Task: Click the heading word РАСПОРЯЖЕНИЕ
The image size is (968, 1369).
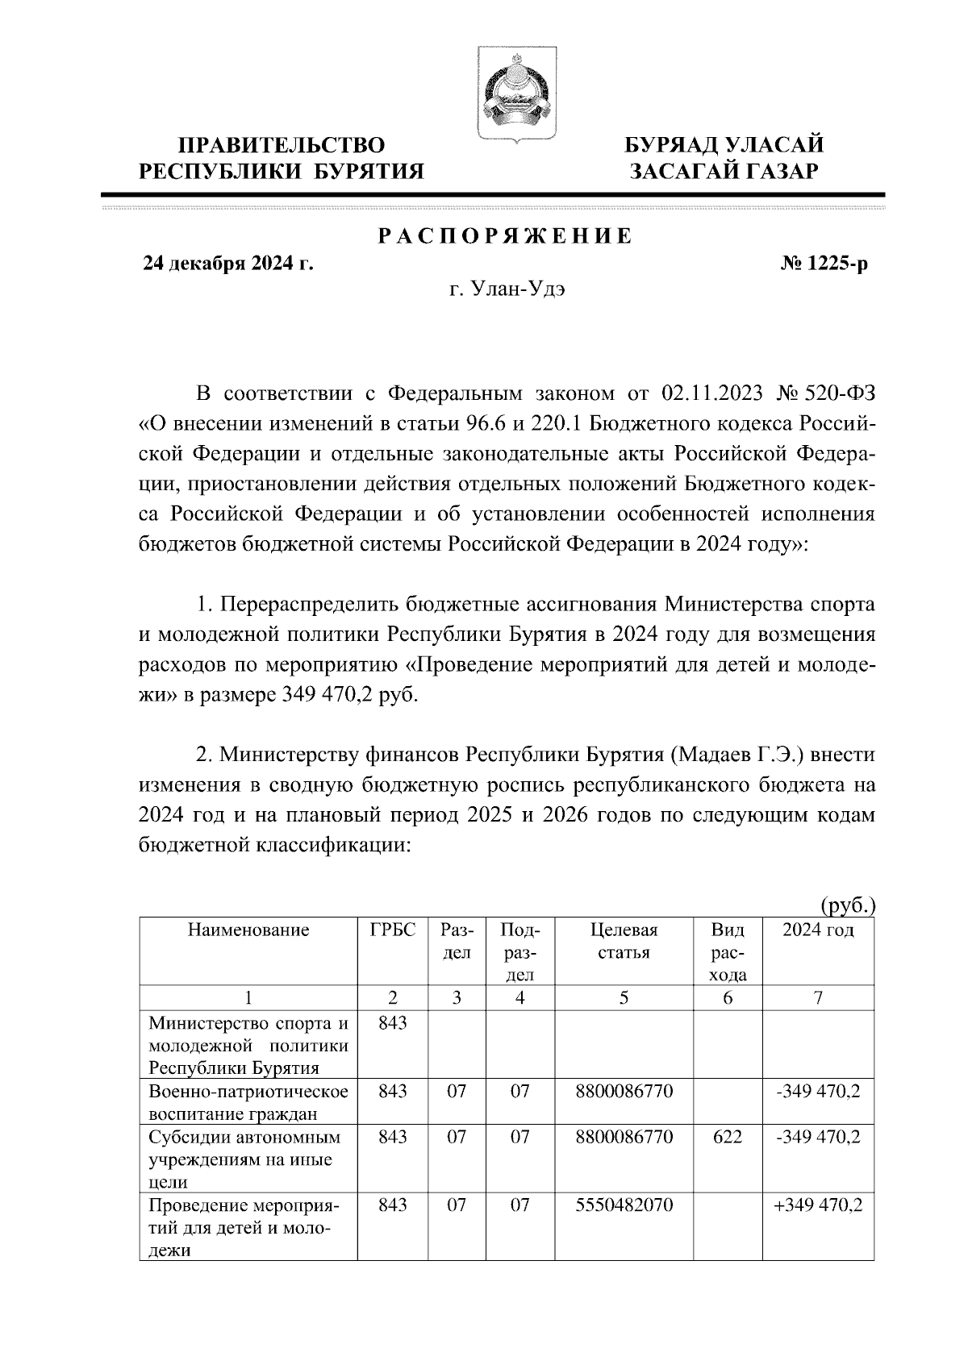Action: [x=505, y=236]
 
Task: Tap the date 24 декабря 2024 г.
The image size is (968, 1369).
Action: [x=228, y=264]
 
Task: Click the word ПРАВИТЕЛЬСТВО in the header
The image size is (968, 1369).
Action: [x=281, y=145]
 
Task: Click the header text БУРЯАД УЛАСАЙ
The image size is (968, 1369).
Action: [x=724, y=145]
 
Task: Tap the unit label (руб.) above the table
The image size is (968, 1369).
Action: [x=847, y=905]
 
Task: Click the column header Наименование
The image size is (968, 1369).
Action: [x=248, y=930]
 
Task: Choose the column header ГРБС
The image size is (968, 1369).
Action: [x=393, y=930]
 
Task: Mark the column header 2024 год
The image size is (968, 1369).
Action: [x=818, y=930]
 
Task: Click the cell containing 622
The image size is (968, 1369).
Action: [x=728, y=1138]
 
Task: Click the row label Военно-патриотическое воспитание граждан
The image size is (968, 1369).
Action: [x=248, y=1103]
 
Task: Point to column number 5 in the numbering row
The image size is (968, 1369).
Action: [x=624, y=998]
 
